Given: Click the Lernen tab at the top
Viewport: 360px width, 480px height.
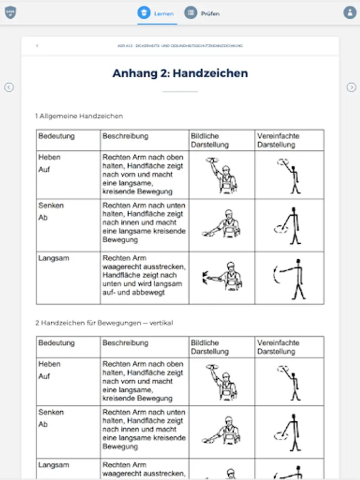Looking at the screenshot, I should tap(156, 13).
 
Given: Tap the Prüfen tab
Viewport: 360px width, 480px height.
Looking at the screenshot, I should tap(202, 13).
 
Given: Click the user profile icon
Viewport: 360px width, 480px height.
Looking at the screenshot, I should tap(350, 12).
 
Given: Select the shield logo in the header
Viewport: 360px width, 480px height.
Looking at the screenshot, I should tap(10, 12).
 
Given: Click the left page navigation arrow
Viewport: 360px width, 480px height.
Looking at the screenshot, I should tap(9, 87).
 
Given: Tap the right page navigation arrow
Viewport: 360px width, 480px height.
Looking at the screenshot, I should tap(351, 87).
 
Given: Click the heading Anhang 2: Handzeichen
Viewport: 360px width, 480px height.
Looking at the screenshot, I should tap(180, 74).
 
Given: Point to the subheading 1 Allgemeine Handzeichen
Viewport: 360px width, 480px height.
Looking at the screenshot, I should tap(79, 116).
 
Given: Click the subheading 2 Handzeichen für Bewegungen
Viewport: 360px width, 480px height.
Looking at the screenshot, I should tap(104, 323).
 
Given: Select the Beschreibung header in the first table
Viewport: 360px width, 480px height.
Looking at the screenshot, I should tap(126, 136).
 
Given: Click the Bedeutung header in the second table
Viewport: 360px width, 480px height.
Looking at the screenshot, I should tap(57, 343).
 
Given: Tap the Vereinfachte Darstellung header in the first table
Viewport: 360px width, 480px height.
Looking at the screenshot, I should tap(278, 140).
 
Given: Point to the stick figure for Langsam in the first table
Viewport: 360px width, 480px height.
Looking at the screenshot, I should tap(290, 278).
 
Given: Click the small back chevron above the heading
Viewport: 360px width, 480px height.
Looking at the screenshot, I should tap(37, 46).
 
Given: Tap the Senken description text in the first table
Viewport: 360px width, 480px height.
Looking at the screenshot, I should tap(144, 222).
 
